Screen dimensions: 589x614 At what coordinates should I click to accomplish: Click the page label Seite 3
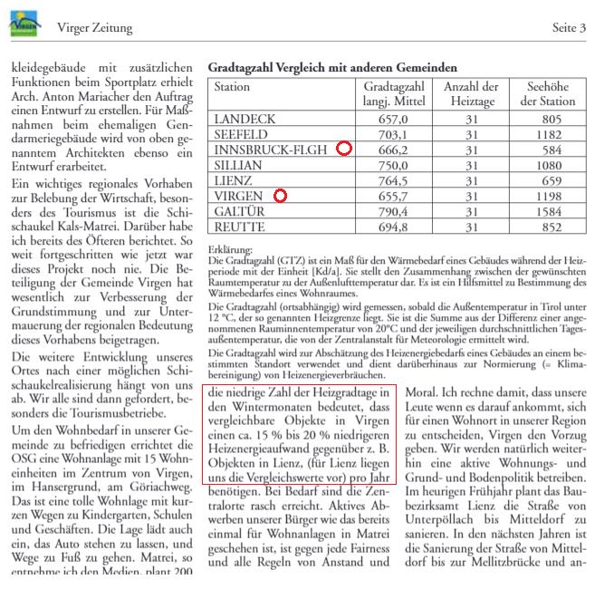569,28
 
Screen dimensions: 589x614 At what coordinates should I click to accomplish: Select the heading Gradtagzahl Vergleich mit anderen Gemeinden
332,68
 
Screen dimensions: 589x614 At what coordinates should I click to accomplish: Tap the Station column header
232,87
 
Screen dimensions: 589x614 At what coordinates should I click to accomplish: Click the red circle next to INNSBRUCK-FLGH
343,150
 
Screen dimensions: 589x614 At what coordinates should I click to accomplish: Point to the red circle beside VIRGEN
280,196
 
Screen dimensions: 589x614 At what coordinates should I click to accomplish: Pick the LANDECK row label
244,119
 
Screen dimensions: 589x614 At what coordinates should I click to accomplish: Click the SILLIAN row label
238,165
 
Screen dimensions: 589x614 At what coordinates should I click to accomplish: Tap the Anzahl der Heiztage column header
471,93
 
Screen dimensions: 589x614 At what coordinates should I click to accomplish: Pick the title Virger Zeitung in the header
94,28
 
